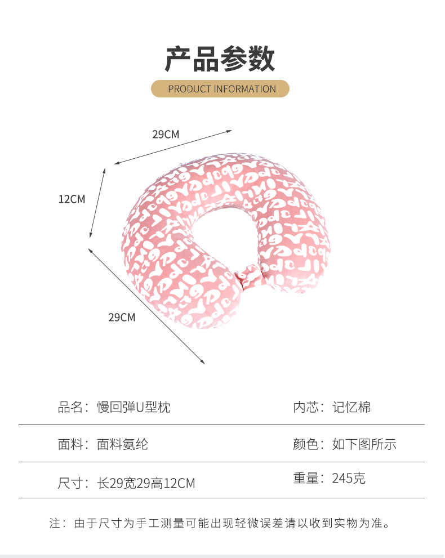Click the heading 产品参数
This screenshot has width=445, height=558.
(220, 59)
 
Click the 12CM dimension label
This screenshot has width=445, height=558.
(72, 199)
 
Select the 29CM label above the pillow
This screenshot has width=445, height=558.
(166, 135)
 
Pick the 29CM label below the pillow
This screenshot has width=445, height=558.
(122, 318)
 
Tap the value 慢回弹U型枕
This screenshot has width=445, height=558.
(133, 407)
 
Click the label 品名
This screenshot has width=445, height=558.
(70, 407)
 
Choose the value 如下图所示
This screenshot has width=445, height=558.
(364, 444)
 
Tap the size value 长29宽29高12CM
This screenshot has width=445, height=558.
(146, 483)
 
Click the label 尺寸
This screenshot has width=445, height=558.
(70, 483)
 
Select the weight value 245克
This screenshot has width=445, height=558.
(349, 479)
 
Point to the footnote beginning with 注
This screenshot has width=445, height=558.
(220, 524)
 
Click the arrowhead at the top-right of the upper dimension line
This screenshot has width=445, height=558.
(229, 131)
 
